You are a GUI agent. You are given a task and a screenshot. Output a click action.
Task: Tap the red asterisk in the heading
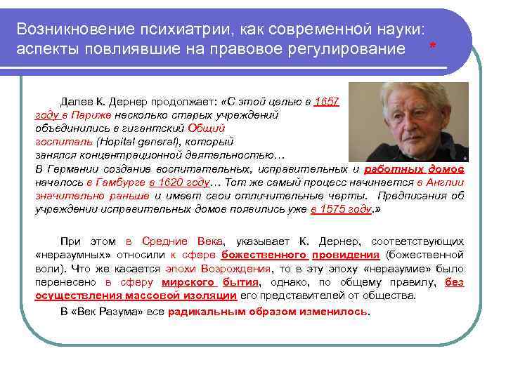(x=432, y=46)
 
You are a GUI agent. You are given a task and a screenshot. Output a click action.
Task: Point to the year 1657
(x=327, y=102)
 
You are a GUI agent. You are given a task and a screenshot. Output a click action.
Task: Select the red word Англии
(x=446, y=182)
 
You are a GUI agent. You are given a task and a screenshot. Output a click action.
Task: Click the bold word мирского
(x=188, y=282)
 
